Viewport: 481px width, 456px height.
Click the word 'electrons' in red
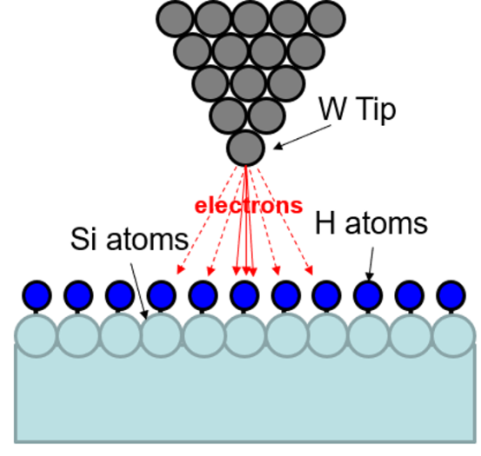(x=249, y=206)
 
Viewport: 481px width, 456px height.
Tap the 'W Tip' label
(x=357, y=110)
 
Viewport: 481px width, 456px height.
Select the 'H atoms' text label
(x=371, y=223)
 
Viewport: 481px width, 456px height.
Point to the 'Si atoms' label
(x=130, y=239)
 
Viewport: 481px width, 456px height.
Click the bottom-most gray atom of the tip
(x=245, y=148)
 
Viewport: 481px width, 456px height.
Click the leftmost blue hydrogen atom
(x=37, y=295)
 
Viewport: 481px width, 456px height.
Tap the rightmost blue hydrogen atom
(x=451, y=295)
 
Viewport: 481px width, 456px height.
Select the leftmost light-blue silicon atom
(x=37, y=335)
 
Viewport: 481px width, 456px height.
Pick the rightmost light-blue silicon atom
(x=453, y=335)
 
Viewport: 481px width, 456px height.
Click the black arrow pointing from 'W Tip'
(x=302, y=137)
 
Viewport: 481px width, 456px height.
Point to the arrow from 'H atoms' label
(x=371, y=264)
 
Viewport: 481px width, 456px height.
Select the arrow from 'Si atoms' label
(x=139, y=292)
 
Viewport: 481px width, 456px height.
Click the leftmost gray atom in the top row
(x=175, y=19)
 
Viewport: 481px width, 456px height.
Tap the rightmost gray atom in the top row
(x=327, y=19)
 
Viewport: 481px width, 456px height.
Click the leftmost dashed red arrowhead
(x=180, y=269)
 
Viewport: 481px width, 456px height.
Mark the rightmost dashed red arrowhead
(x=310, y=270)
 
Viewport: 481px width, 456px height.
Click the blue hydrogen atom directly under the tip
(x=244, y=295)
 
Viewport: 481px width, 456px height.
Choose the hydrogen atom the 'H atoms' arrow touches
(x=368, y=295)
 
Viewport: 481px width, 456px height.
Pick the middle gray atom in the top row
(x=251, y=19)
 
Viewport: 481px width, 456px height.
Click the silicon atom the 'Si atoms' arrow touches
(x=161, y=335)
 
